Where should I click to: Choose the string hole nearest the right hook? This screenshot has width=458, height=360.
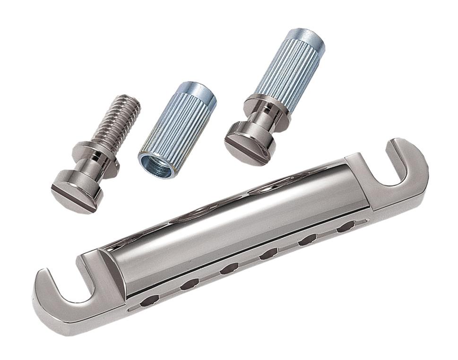[346, 226]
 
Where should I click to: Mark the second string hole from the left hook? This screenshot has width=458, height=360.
[190, 283]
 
